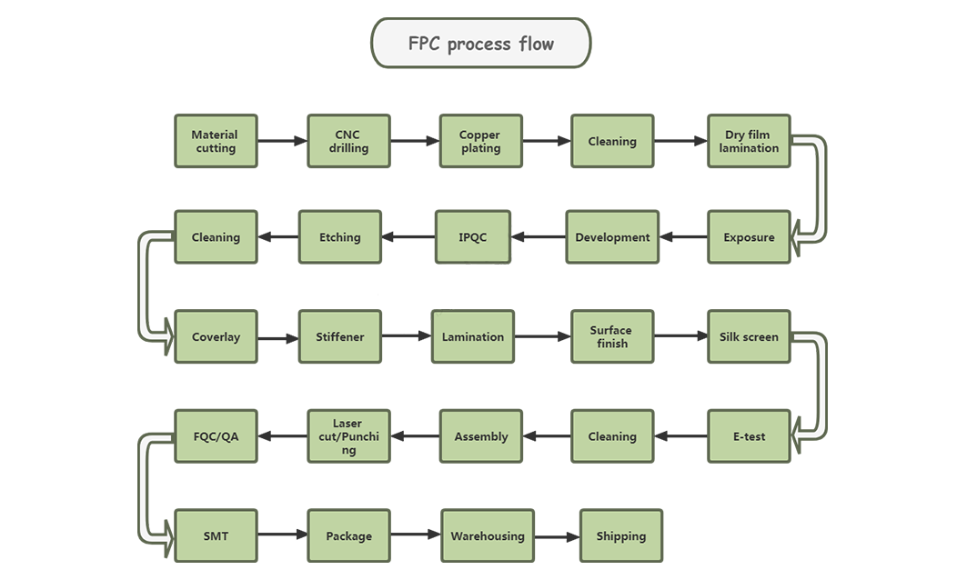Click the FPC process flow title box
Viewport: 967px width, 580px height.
tap(480, 43)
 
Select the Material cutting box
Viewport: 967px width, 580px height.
tap(216, 141)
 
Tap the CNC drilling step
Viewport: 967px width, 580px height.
tap(348, 141)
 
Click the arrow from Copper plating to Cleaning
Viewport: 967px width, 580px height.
tap(547, 141)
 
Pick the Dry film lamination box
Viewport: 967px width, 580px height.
tap(749, 141)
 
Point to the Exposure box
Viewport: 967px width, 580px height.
tap(749, 237)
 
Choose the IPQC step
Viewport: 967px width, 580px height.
tap(472, 237)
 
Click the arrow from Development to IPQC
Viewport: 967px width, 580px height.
tap(539, 237)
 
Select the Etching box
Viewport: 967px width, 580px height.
tap(339, 237)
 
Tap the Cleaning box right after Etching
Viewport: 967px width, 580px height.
tap(216, 237)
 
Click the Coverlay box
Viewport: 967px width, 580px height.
tap(216, 336)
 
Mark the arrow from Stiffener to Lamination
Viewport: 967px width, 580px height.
tap(406, 336)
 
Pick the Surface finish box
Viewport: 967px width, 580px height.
tap(611, 336)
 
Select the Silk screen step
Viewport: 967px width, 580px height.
tap(749, 336)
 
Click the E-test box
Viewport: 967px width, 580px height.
tap(749, 436)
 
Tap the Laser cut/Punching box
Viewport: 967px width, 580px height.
tap(348, 436)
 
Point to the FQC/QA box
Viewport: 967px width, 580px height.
tap(216, 436)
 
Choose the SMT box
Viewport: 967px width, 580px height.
tap(216, 536)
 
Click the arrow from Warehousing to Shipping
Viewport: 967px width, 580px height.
tap(557, 536)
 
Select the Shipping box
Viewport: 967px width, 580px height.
tap(620, 536)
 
